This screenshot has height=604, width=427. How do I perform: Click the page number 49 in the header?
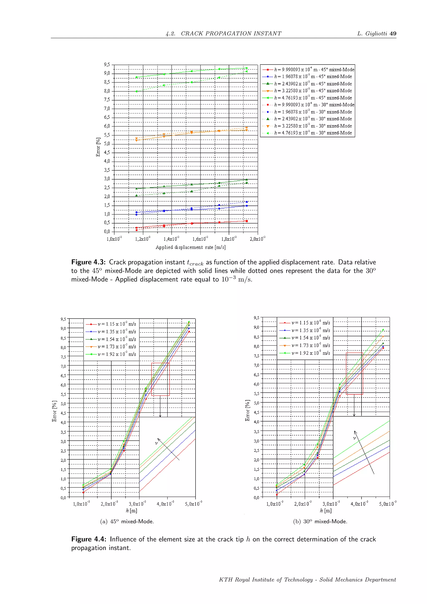tap(393, 34)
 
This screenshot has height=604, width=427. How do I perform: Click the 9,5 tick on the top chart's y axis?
tap(107, 65)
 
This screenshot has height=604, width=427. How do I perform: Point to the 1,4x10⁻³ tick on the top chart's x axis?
tap(171, 239)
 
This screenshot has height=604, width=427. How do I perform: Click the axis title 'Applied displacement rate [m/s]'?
tap(191, 247)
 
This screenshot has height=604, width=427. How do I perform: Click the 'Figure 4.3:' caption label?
tap(88, 262)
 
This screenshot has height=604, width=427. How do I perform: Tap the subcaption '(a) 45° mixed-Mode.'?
tap(127, 521)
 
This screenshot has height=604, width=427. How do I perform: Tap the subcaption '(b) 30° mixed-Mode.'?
tap(320, 521)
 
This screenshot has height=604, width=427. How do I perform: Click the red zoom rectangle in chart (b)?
tap(354, 353)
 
